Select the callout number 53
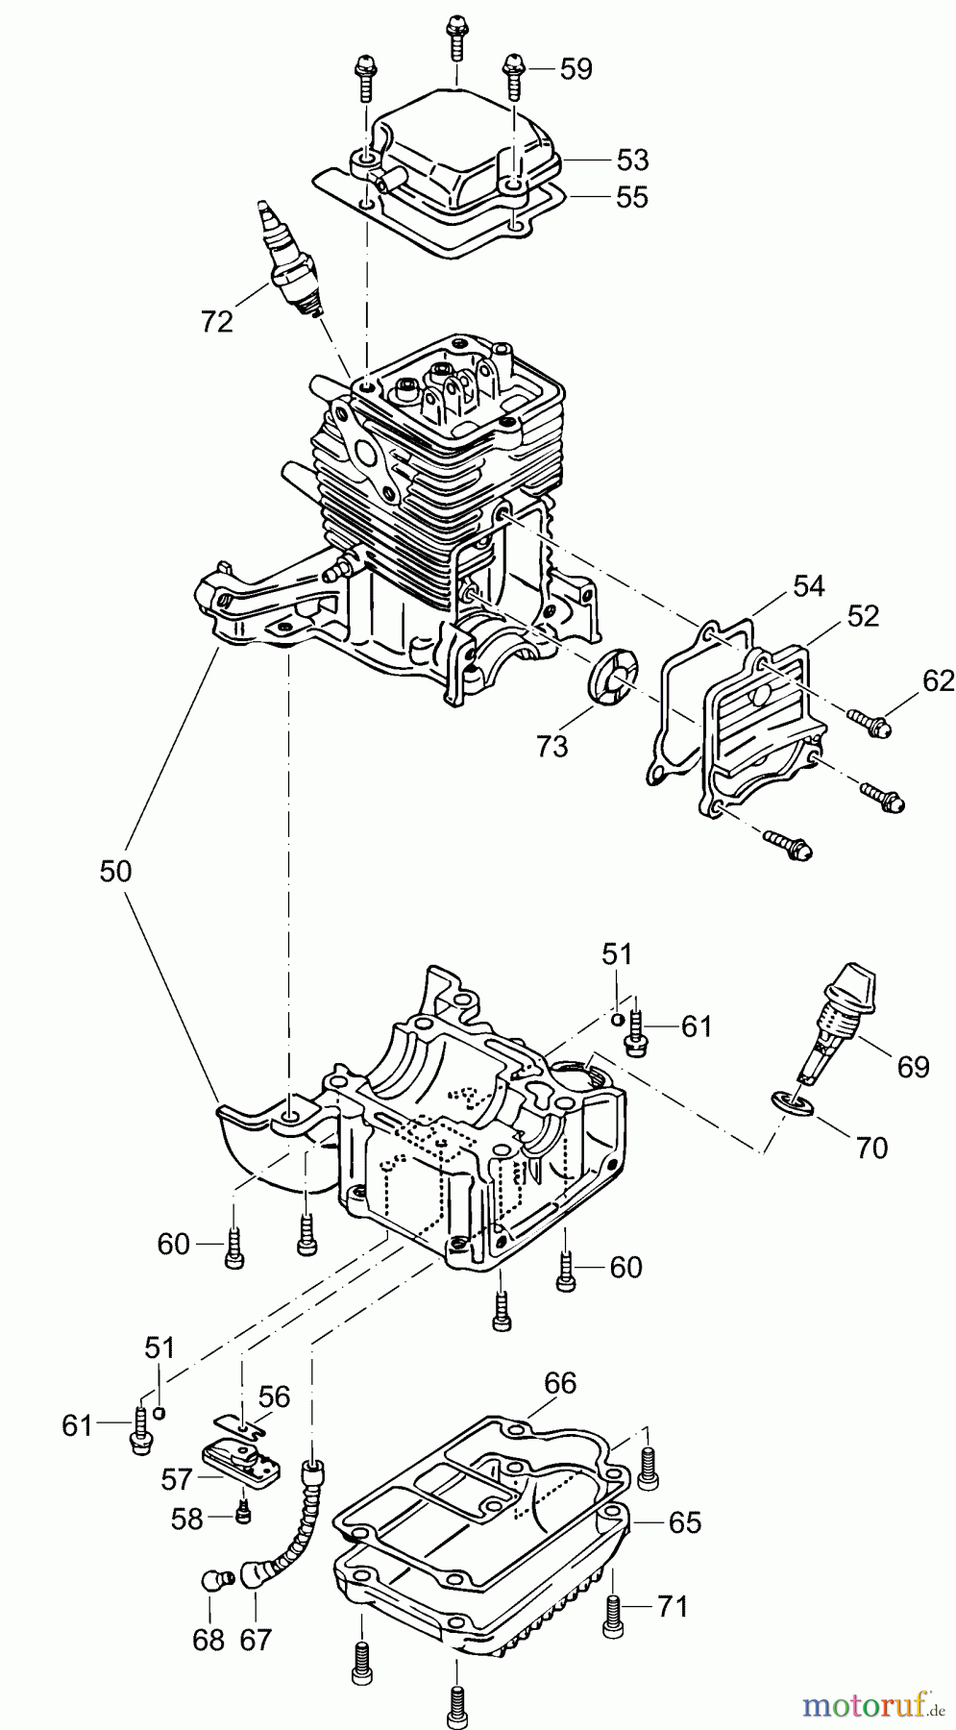point(632,159)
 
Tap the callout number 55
point(632,197)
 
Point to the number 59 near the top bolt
point(576,69)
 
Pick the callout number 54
point(809,585)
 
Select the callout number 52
point(863,616)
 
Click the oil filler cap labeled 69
point(849,1001)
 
